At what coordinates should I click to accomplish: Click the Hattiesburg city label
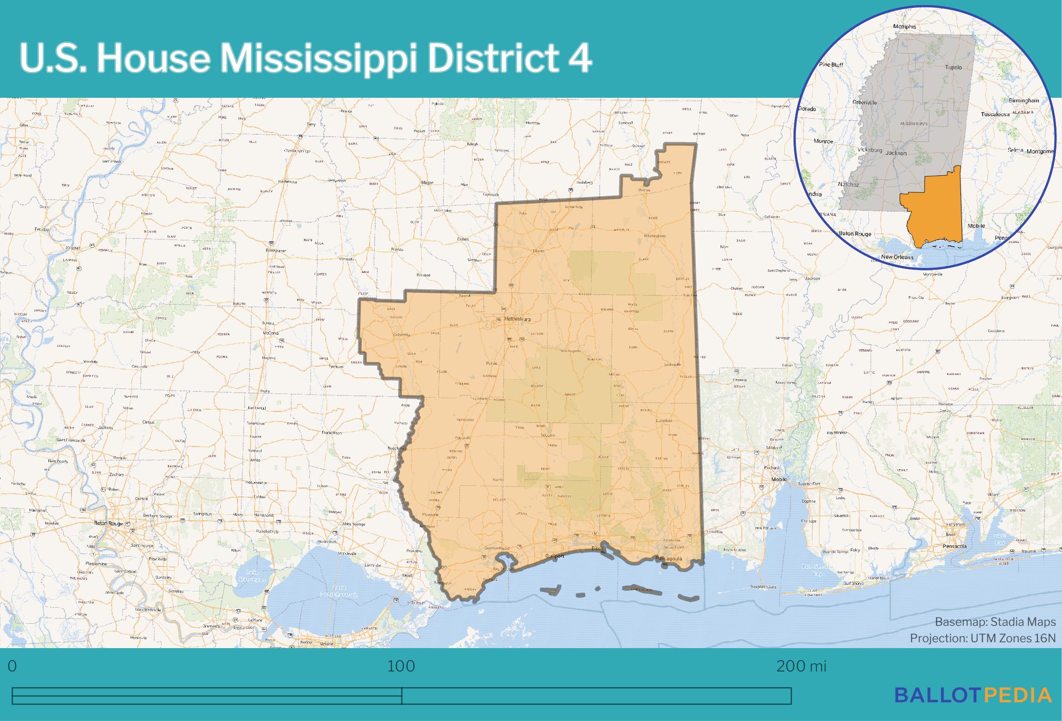(517, 319)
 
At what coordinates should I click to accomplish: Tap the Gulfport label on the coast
(555, 556)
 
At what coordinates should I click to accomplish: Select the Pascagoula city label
(668, 559)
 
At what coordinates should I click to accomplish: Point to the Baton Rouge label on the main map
(108, 523)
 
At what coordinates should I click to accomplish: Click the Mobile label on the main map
(779, 479)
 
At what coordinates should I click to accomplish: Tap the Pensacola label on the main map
(955, 546)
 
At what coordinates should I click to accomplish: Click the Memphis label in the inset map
(905, 27)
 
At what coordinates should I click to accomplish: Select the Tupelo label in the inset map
(953, 67)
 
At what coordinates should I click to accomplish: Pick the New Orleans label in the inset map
(897, 257)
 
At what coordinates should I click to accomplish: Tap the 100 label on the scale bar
(401, 667)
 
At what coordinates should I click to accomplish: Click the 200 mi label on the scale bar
(801, 667)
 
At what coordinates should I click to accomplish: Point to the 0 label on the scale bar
(12, 667)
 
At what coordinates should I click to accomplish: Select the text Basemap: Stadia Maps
(995, 622)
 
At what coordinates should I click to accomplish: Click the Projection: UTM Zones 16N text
(983, 638)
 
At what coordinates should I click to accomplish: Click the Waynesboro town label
(655, 236)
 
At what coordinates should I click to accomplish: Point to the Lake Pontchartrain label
(339, 591)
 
